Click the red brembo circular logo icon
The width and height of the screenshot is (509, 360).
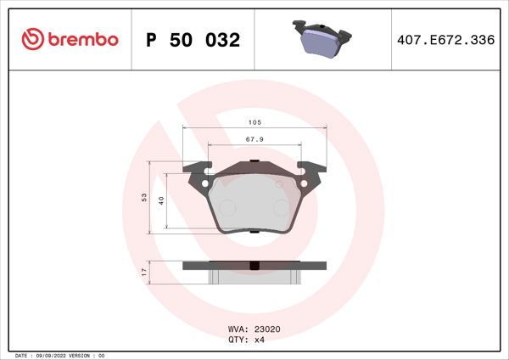pos(31,39)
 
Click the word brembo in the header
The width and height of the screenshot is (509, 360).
pos(81,40)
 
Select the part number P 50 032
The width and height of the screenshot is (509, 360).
pos(193,40)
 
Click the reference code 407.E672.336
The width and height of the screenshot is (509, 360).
pos(445,40)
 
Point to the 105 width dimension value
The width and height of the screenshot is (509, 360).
pos(255,121)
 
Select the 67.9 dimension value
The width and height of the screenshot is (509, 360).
pos(255,139)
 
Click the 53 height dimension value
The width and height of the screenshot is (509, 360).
pos(145,197)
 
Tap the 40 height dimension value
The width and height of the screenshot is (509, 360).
pos(161,200)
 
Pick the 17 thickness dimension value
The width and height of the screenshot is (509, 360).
pos(145,272)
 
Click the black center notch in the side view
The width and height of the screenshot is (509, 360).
pos(255,269)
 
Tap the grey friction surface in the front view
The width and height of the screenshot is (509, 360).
pos(255,204)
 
